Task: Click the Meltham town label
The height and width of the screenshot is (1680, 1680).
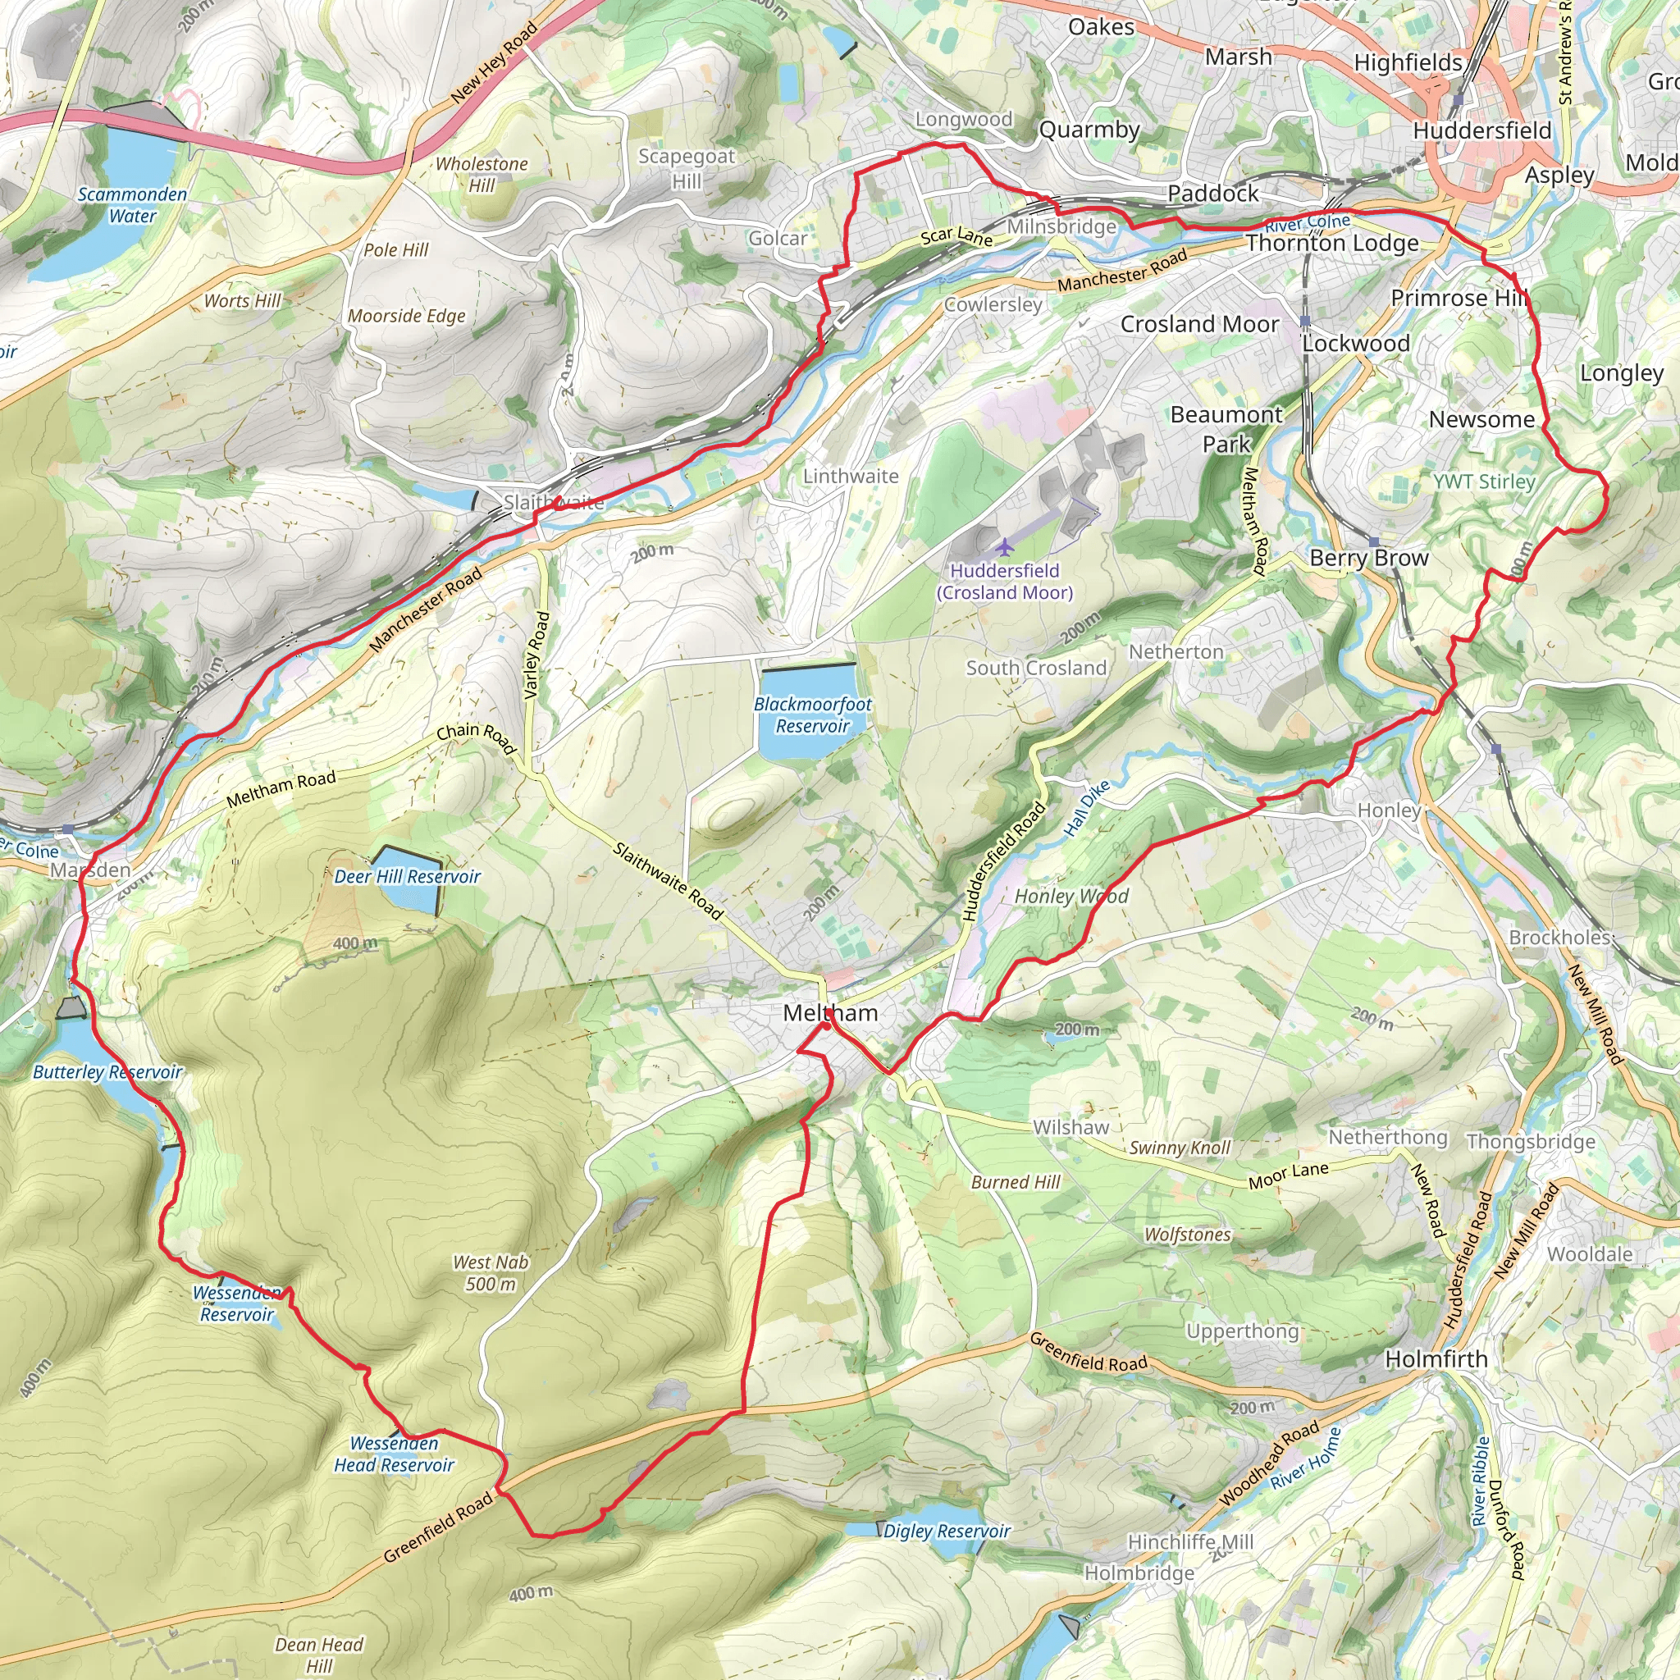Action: click(830, 1013)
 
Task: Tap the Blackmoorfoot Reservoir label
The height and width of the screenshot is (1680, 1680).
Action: click(812, 714)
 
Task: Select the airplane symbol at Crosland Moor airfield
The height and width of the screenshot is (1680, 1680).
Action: click(1004, 547)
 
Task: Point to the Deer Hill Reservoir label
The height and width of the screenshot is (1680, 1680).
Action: click(407, 877)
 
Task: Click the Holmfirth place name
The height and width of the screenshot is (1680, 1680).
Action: click(1436, 1358)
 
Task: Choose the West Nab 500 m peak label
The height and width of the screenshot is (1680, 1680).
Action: click(491, 1273)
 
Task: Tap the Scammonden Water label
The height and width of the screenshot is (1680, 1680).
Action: click(132, 205)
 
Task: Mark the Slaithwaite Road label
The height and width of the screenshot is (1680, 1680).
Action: click(668, 881)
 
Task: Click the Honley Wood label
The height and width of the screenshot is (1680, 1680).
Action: click(1071, 897)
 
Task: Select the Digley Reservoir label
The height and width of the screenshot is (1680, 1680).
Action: click(946, 1531)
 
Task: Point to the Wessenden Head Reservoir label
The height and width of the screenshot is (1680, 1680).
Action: click(394, 1454)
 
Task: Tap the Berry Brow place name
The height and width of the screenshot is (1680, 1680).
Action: click(1369, 559)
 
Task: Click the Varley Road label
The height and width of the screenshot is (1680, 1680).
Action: click(536, 655)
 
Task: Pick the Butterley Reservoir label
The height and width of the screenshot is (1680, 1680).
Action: click(107, 1072)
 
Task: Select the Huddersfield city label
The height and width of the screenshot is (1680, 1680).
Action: click(1481, 131)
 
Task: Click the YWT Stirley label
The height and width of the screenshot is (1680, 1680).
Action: click(1483, 482)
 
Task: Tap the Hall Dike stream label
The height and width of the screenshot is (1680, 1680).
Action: click(1087, 809)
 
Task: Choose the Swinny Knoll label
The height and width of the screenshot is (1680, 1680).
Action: click(1179, 1148)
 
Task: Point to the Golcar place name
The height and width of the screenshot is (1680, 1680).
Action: click(778, 238)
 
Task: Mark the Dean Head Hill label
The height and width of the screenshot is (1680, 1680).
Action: click(319, 1655)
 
